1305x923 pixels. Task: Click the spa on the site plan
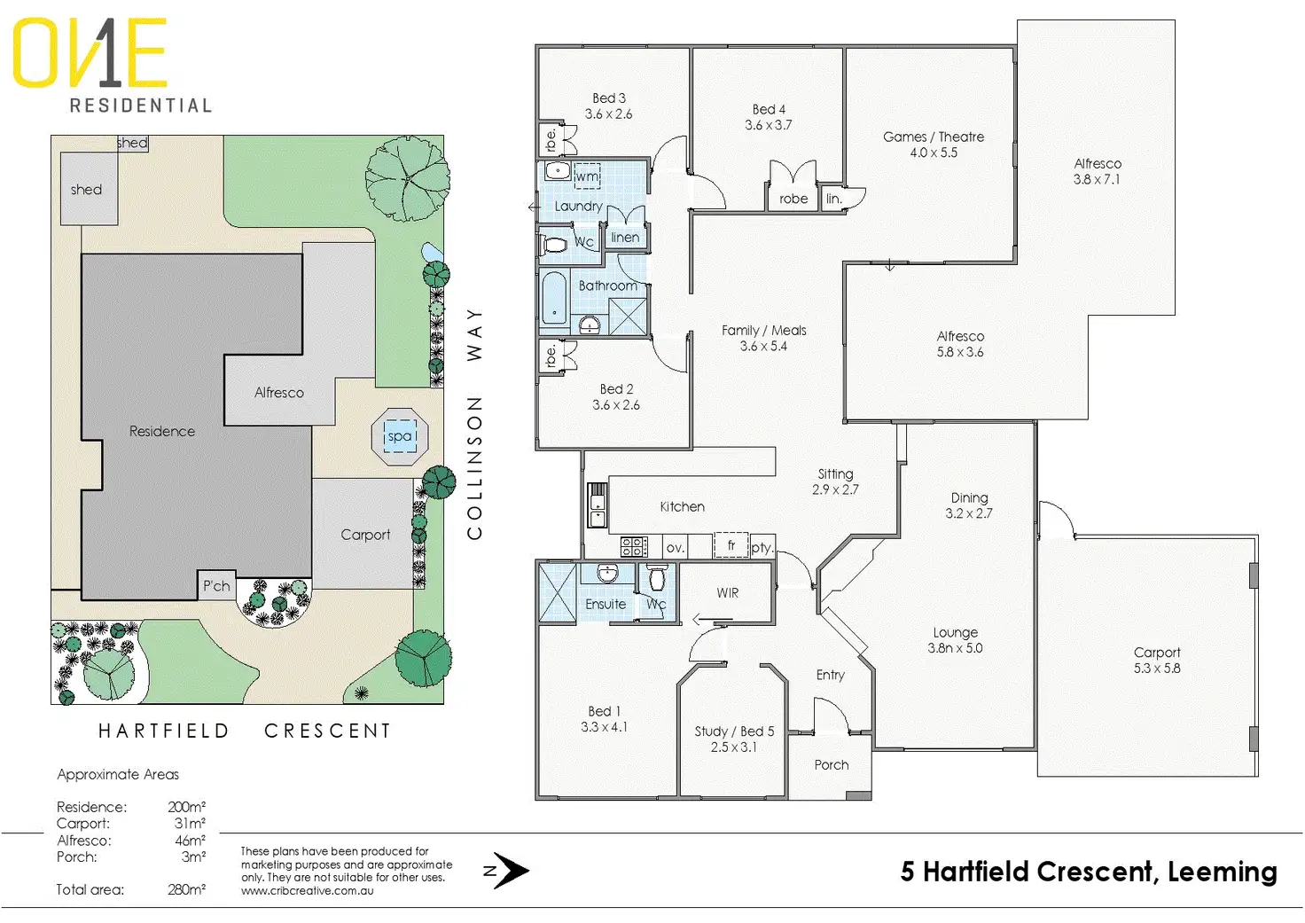(x=400, y=435)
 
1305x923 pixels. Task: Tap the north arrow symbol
(x=509, y=871)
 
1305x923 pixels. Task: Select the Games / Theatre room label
(x=934, y=137)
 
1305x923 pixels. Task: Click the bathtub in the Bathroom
(x=554, y=299)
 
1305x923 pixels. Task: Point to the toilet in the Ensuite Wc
(x=657, y=578)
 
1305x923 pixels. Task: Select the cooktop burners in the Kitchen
(x=633, y=546)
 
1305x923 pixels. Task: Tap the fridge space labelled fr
(x=731, y=545)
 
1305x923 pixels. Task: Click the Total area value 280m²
(x=187, y=889)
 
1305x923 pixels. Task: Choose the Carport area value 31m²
(x=190, y=824)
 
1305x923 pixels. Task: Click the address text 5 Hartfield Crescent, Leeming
(x=1089, y=872)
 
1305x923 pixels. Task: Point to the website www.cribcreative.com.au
(x=307, y=890)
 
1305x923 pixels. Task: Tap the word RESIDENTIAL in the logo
(x=141, y=106)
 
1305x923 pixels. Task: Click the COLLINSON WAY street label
(x=475, y=424)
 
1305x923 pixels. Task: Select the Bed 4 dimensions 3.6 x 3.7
(x=769, y=125)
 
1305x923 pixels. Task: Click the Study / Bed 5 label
(x=734, y=731)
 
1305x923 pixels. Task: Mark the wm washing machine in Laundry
(x=587, y=176)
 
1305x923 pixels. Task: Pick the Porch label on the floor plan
(x=832, y=764)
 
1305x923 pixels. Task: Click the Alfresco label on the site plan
(x=279, y=392)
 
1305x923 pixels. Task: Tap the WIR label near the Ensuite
(x=728, y=592)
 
